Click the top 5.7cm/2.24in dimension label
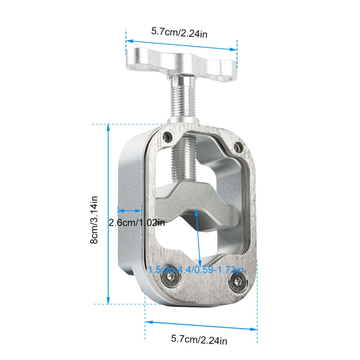point(179,33)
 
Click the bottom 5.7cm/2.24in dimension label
point(199,340)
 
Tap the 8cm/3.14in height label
point(94,220)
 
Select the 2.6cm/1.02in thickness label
point(136,223)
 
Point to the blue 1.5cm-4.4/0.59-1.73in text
point(196,269)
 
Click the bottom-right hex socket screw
point(238,282)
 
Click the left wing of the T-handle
point(147,60)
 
